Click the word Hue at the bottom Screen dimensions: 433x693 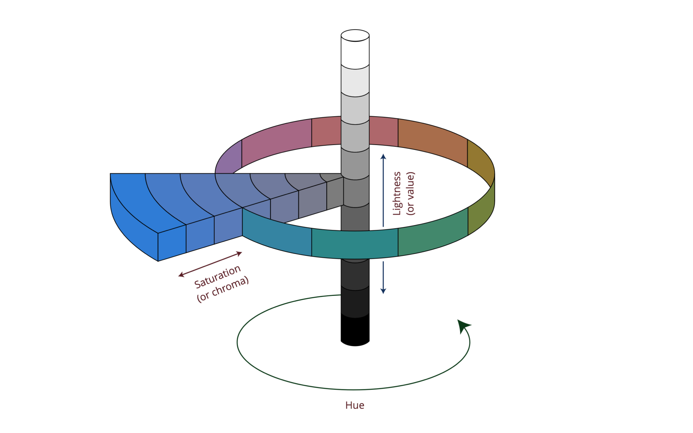tap(354, 405)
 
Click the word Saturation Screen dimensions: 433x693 tap(217, 277)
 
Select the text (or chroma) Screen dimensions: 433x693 tap(223, 289)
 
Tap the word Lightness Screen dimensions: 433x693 tap(397, 193)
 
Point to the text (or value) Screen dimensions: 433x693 tap(411, 193)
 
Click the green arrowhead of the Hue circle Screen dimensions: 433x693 tap(463, 325)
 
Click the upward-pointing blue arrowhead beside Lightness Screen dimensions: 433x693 tap(383, 157)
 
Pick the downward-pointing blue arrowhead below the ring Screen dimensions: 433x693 tap(383, 290)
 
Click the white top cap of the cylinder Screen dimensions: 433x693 tap(355, 35)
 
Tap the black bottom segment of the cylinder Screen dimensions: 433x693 tap(355, 330)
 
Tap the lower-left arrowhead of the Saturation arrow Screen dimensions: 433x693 tap(181, 276)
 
